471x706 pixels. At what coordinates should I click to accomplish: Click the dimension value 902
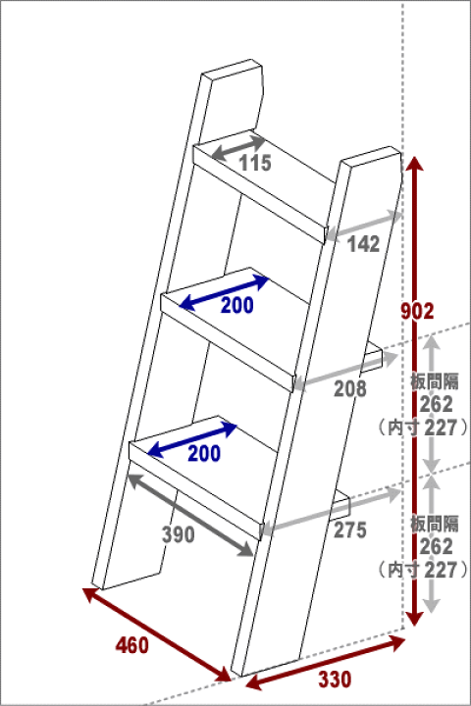tap(417, 311)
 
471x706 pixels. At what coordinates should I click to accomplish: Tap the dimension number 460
tap(132, 645)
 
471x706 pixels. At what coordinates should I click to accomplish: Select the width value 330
tap(335, 680)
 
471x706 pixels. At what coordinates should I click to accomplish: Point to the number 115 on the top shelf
tap(255, 163)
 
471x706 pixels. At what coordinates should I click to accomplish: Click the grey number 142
tap(363, 244)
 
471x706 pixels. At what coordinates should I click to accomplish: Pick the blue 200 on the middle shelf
tap(237, 305)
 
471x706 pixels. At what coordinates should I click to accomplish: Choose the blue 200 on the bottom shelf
tap(204, 453)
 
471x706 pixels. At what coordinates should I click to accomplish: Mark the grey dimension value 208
tap(350, 389)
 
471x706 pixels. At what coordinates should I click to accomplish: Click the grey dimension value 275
tap(349, 529)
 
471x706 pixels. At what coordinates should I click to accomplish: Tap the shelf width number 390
tap(179, 534)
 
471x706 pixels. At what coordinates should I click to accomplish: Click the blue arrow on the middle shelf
tap(224, 292)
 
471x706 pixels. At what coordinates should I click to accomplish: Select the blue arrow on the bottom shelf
tap(192, 440)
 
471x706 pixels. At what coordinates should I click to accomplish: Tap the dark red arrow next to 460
tap(157, 634)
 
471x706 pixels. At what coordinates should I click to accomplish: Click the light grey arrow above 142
tap(363, 225)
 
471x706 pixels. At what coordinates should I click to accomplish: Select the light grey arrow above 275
tap(331, 512)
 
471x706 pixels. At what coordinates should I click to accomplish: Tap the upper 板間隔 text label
tap(435, 381)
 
